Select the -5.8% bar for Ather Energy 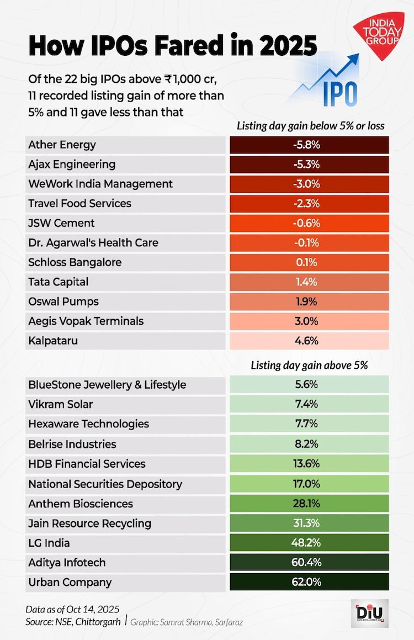(310, 145)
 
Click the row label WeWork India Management (100, 184)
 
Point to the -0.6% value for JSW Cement (310, 223)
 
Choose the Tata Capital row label (59, 282)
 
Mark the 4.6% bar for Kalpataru (310, 341)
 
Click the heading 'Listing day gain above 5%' (309, 365)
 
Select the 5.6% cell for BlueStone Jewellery (310, 385)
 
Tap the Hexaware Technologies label (88, 424)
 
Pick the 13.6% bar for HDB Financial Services (310, 464)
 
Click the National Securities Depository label (105, 484)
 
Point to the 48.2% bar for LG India (310, 543)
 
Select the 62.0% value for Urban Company (310, 582)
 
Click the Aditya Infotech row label (67, 563)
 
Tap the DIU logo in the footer (370, 613)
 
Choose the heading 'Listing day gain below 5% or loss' (310, 126)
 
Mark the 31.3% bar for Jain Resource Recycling (310, 523)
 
